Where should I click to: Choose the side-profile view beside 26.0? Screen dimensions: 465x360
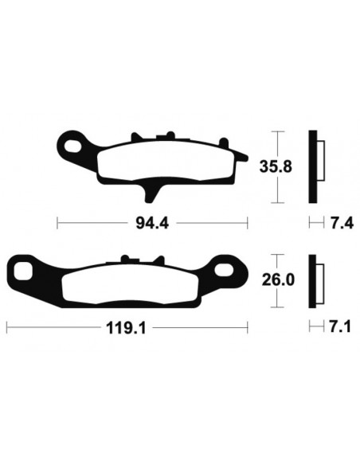[x=317, y=280]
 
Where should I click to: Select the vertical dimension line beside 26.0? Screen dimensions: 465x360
[x=276, y=280]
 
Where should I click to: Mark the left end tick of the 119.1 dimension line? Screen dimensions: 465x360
[x=7, y=326]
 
